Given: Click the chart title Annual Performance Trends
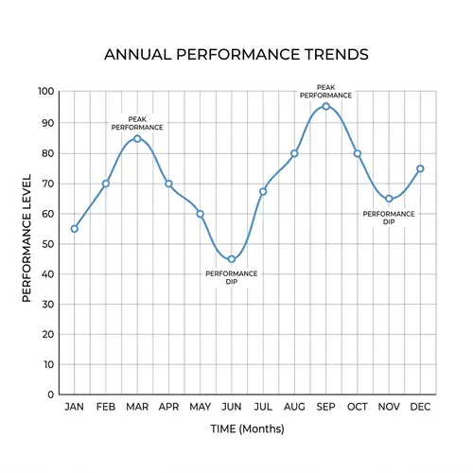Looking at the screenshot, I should [x=236, y=54].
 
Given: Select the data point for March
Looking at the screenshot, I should [x=137, y=138].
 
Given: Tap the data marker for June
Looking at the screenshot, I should [x=232, y=259].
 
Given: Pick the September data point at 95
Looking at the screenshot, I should [x=326, y=106].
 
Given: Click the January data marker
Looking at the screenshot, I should [x=75, y=228].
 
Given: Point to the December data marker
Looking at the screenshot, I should [x=420, y=168].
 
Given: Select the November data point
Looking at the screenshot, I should [x=389, y=199].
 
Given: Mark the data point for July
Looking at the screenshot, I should [x=263, y=191].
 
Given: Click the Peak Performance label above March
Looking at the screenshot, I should [x=137, y=123].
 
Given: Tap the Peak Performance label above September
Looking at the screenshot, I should [x=326, y=91].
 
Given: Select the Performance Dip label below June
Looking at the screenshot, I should [x=232, y=277].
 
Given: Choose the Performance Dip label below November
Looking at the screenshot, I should [x=389, y=218].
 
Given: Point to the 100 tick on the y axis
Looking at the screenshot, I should [x=45, y=92].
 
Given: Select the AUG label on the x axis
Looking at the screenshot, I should [x=294, y=407].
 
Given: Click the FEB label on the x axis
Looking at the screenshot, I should [x=106, y=407].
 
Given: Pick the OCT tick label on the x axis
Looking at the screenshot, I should [x=358, y=407].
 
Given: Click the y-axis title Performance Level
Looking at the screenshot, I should [x=27, y=238].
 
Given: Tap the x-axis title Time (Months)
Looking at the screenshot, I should [x=247, y=429].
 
